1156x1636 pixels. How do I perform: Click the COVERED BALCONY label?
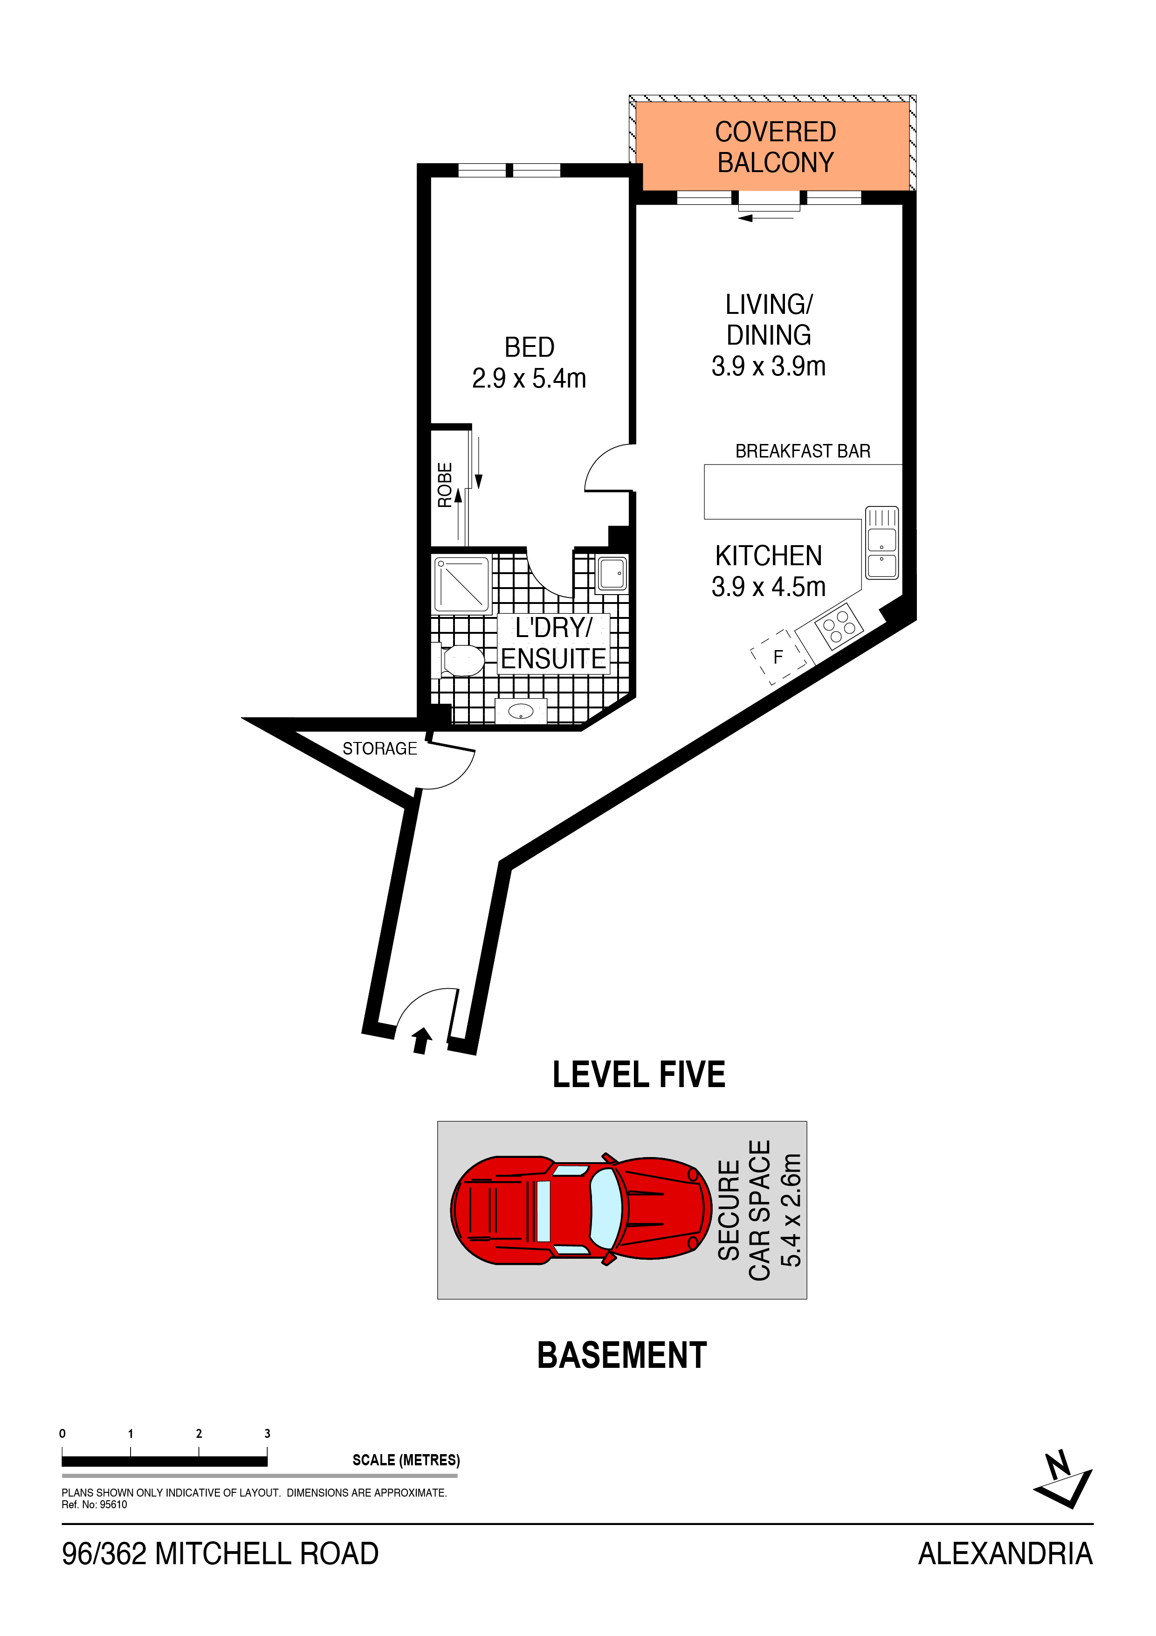tap(775, 147)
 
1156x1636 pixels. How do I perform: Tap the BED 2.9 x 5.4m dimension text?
tap(529, 378)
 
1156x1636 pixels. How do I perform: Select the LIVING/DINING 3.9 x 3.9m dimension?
tap(769, 366)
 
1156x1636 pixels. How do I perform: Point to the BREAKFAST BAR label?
tap(803, 451)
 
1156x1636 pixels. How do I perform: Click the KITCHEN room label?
tap(769, 556)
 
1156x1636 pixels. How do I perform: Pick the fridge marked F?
tap(778, 656)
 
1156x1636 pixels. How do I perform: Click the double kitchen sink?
tap(882, 543)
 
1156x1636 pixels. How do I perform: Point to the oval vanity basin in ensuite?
tap(521, 710)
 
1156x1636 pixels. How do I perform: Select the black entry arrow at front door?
tap(422, 1040)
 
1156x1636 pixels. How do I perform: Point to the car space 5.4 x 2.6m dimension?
tap(791, 1210)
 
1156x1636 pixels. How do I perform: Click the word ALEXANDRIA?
tap(1005, 1554)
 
